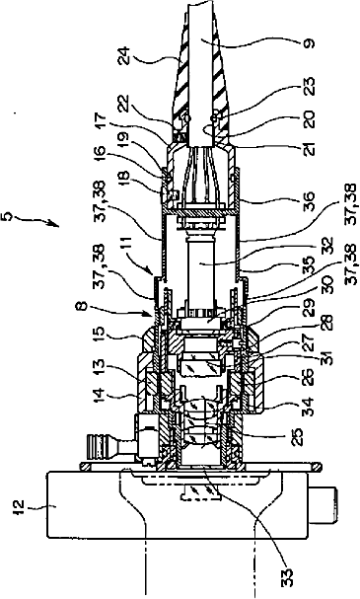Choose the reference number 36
click(309, 200)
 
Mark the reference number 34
click(309, 407)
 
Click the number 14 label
click(100, 396)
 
